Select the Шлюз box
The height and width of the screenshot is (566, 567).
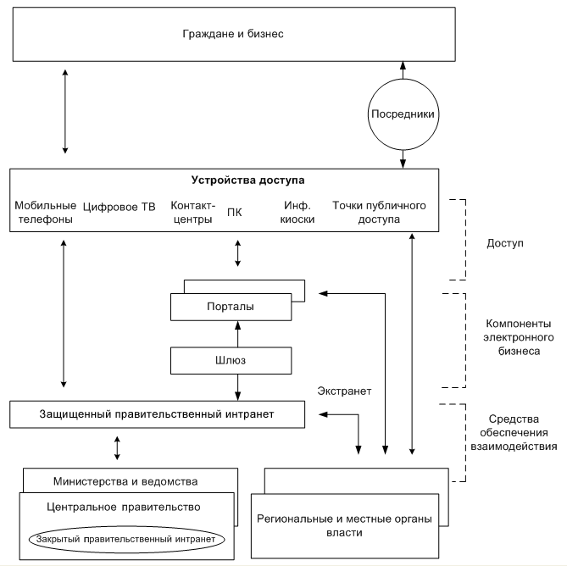tap(231, 360)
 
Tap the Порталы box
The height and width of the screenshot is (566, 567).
tap(231, 307)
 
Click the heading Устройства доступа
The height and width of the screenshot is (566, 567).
tap(247, 180)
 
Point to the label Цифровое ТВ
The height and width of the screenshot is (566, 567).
tap(119, 207)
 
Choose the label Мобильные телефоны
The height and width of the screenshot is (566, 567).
tap(45, 212)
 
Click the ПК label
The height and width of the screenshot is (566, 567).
tap(234, 213)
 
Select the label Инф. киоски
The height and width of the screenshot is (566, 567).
tap(297, 212)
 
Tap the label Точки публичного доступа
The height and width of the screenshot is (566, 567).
tap(379, 212)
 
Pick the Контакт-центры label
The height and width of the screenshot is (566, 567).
tap(192, 212)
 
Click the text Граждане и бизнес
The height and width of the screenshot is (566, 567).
tap(233, 34)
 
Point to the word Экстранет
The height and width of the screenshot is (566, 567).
tap(344, 391)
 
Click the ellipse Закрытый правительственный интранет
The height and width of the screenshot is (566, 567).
tap(126, 539)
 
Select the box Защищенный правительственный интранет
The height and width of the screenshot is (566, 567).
tap(157, 414)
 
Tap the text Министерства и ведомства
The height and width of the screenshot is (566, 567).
tap(125, 481)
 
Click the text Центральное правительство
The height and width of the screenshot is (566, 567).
tap(123, 507)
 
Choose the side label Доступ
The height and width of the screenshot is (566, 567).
tap(505, 243)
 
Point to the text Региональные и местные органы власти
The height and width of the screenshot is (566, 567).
tap(344, 525)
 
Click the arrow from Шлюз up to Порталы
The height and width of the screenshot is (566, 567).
tap(237, 334)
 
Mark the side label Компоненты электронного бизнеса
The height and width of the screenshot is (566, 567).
tap(519, 337)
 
